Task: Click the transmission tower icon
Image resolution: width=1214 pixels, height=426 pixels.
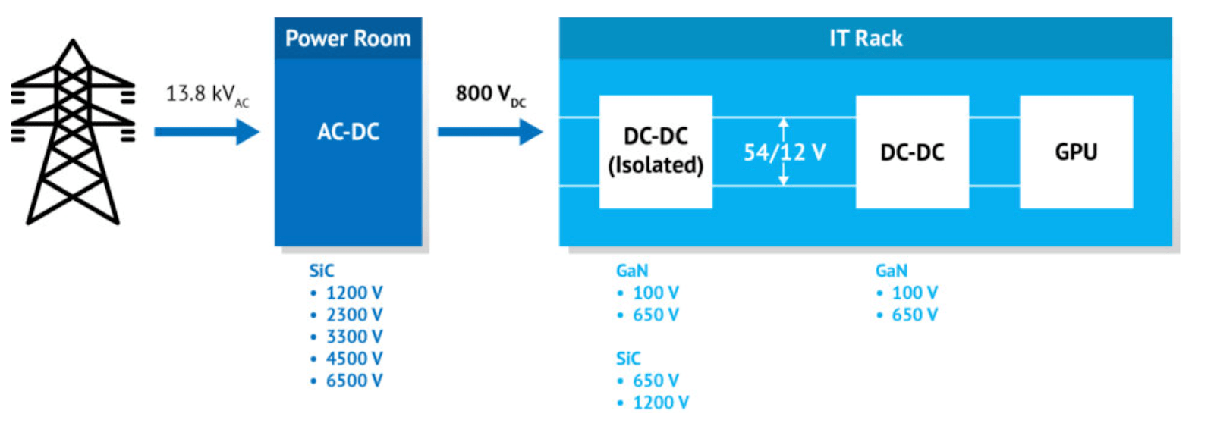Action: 73,133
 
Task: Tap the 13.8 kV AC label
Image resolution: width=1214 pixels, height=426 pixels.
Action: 206,95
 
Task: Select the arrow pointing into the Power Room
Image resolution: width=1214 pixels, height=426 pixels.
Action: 206,132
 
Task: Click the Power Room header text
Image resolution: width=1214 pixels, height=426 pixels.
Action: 348,39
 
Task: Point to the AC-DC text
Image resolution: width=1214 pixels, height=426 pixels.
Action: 348,132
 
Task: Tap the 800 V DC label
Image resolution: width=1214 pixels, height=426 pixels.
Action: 489,95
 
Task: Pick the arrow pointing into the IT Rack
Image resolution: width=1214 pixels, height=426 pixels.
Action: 490,132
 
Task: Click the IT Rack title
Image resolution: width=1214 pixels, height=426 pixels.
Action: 866,39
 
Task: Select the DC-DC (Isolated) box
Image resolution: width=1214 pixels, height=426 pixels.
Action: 656,152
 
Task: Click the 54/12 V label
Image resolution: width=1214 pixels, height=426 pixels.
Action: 785,152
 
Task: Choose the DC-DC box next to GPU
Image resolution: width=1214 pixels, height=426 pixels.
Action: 912,152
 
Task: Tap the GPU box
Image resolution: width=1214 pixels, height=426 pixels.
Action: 1076,152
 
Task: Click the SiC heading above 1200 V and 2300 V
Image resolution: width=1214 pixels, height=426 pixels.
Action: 322,271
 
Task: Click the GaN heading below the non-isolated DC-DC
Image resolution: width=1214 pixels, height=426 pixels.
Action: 891,271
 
